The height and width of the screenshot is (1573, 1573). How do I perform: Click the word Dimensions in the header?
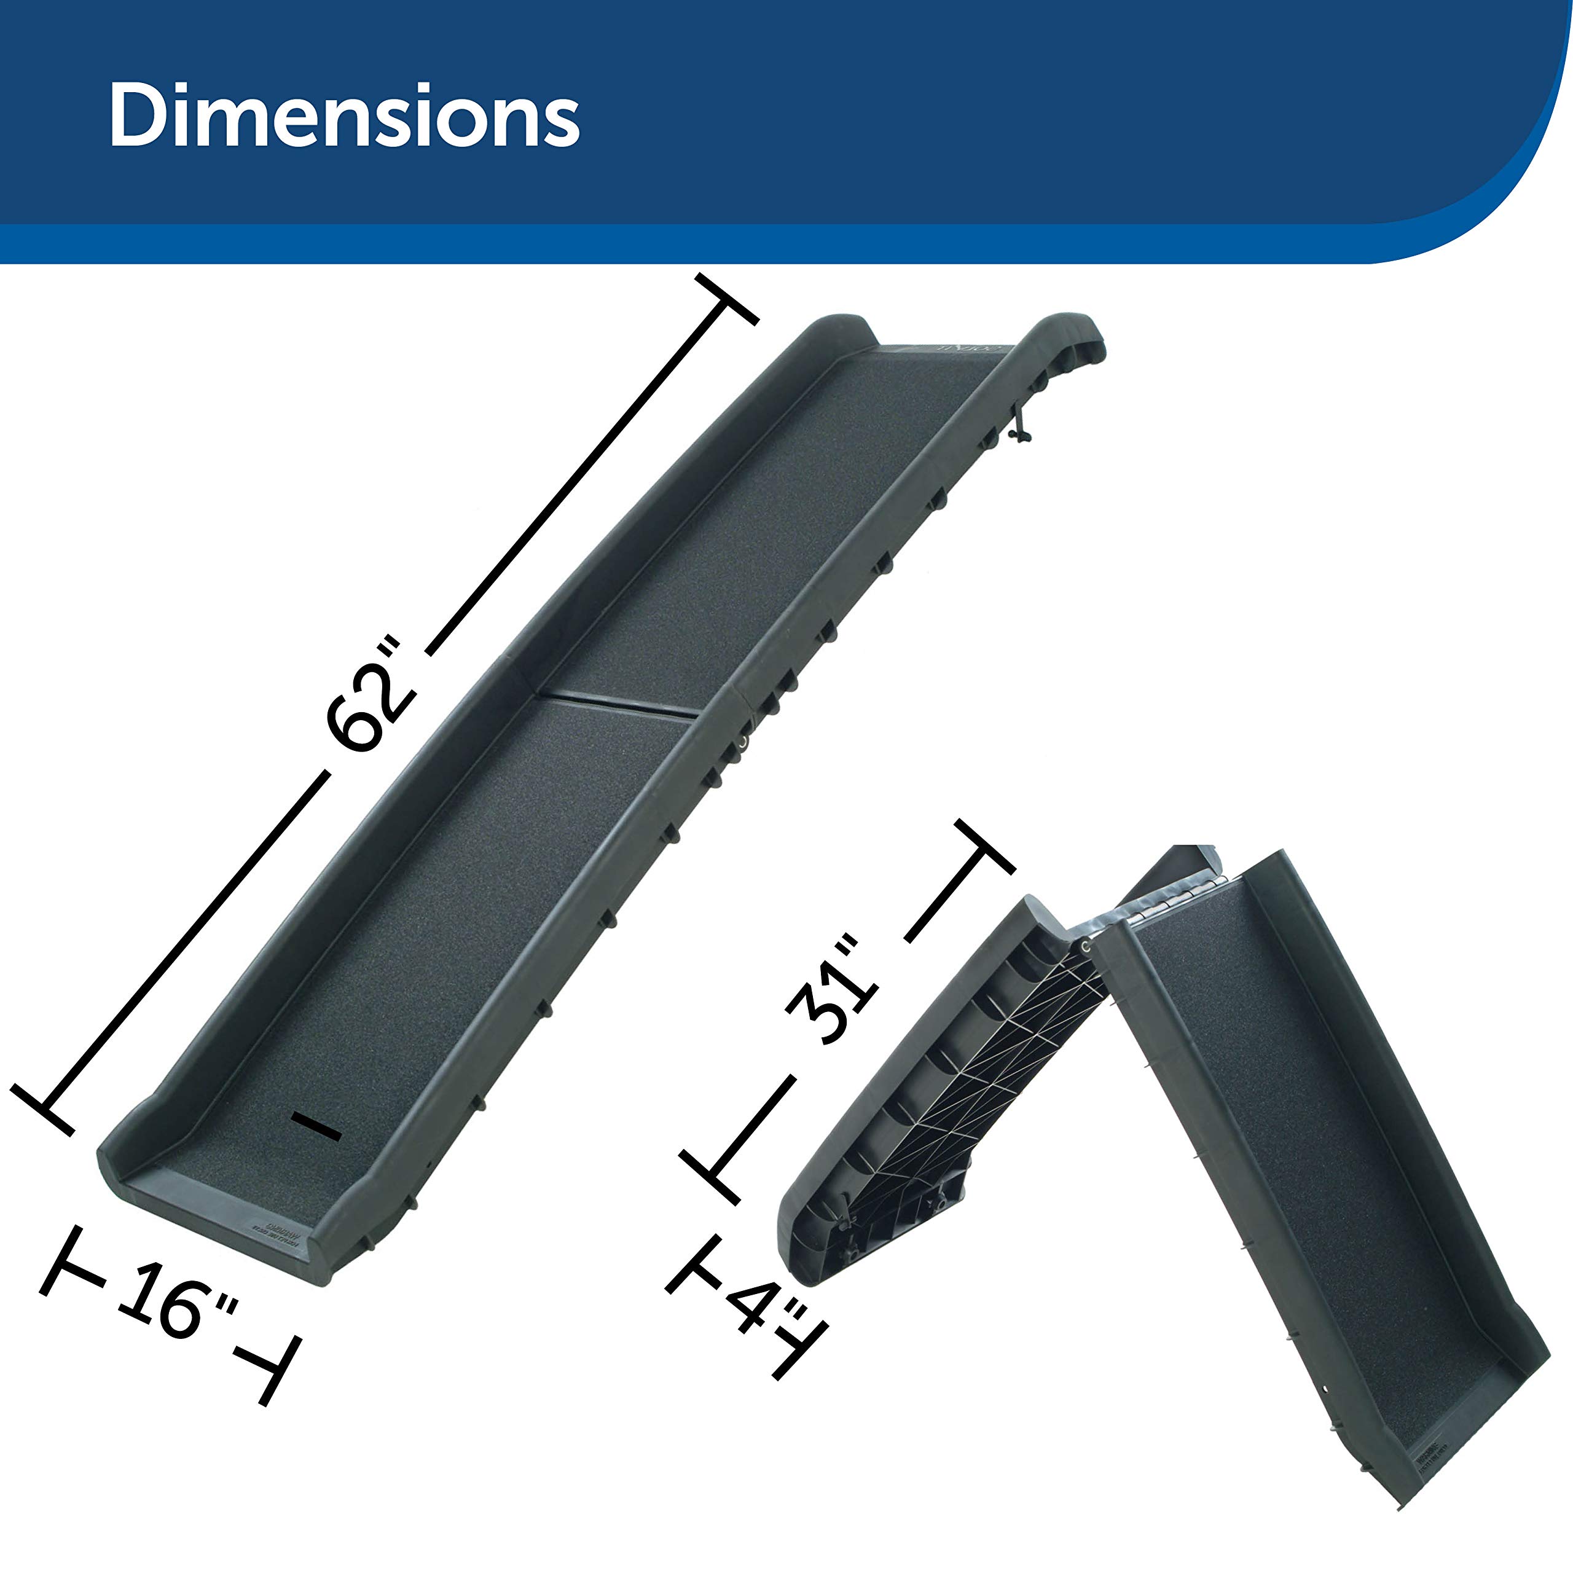343,116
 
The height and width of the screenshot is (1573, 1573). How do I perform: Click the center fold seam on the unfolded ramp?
618,706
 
